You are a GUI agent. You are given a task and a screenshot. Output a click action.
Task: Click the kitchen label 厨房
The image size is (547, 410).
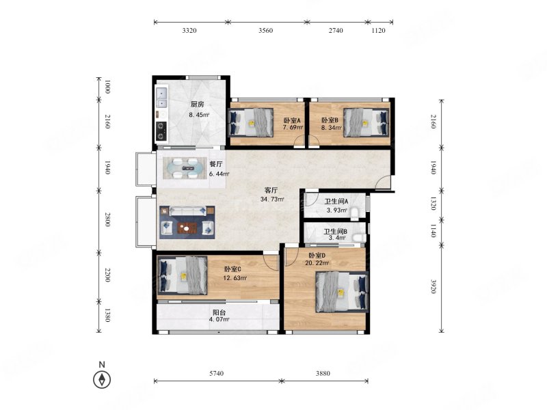[x=197, y=104]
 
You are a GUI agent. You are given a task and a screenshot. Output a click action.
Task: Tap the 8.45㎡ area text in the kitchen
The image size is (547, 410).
[x=199, y=114]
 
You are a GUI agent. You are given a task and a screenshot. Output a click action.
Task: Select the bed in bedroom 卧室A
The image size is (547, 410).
[x=250, y=122]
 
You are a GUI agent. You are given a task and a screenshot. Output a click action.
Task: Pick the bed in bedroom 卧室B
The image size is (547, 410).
[x=366, y=122]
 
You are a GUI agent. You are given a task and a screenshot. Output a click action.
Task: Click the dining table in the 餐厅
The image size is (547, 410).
[x=185, y=168]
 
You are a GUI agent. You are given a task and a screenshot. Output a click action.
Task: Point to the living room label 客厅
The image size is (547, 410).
[x=271, y=191]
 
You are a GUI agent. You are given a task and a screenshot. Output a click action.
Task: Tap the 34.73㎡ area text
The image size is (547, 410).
[x=272, y=200]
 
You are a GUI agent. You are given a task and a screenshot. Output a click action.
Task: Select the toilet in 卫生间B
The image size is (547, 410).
[x=358, y=238]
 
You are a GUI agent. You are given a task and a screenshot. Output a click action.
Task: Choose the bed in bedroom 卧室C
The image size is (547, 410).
[x=183, y=275]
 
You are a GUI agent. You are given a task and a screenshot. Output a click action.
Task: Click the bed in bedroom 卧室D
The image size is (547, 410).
[x=341, y=292]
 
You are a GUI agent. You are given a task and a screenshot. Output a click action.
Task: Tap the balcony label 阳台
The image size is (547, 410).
[x=219, y=312]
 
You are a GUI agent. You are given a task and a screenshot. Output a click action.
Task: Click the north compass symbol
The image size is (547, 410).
[x=102, y=379]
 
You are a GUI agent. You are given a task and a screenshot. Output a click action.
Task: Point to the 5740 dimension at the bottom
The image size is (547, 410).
[x=216, y=373]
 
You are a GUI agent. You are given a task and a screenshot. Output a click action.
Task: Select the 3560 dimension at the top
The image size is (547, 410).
[x=265, y=31]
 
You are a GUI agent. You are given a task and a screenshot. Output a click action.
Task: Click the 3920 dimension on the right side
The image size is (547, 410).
[x=433, y=286]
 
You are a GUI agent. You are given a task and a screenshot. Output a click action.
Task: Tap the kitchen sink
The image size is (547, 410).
[x=162, y=98]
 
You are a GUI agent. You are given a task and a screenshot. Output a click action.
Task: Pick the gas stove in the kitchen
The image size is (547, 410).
[x=161, y=132]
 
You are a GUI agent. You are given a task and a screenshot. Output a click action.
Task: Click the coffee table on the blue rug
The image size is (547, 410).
[x=187, y=228]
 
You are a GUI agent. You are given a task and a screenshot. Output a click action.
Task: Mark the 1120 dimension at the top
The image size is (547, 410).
[x=378, y=31]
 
